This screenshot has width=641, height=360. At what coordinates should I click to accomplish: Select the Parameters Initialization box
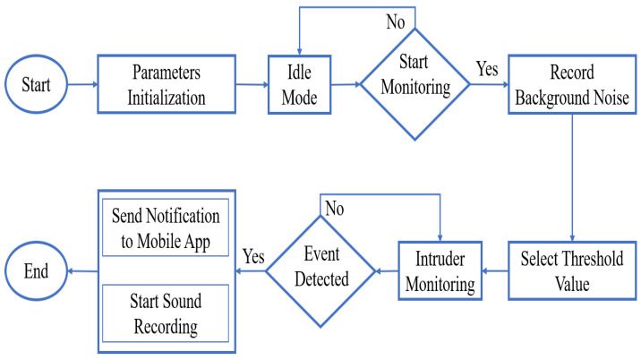[166, 85]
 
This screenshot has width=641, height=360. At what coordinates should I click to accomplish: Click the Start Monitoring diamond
[415, 85]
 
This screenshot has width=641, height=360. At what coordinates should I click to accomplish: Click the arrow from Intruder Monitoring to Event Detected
[385, 268]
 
